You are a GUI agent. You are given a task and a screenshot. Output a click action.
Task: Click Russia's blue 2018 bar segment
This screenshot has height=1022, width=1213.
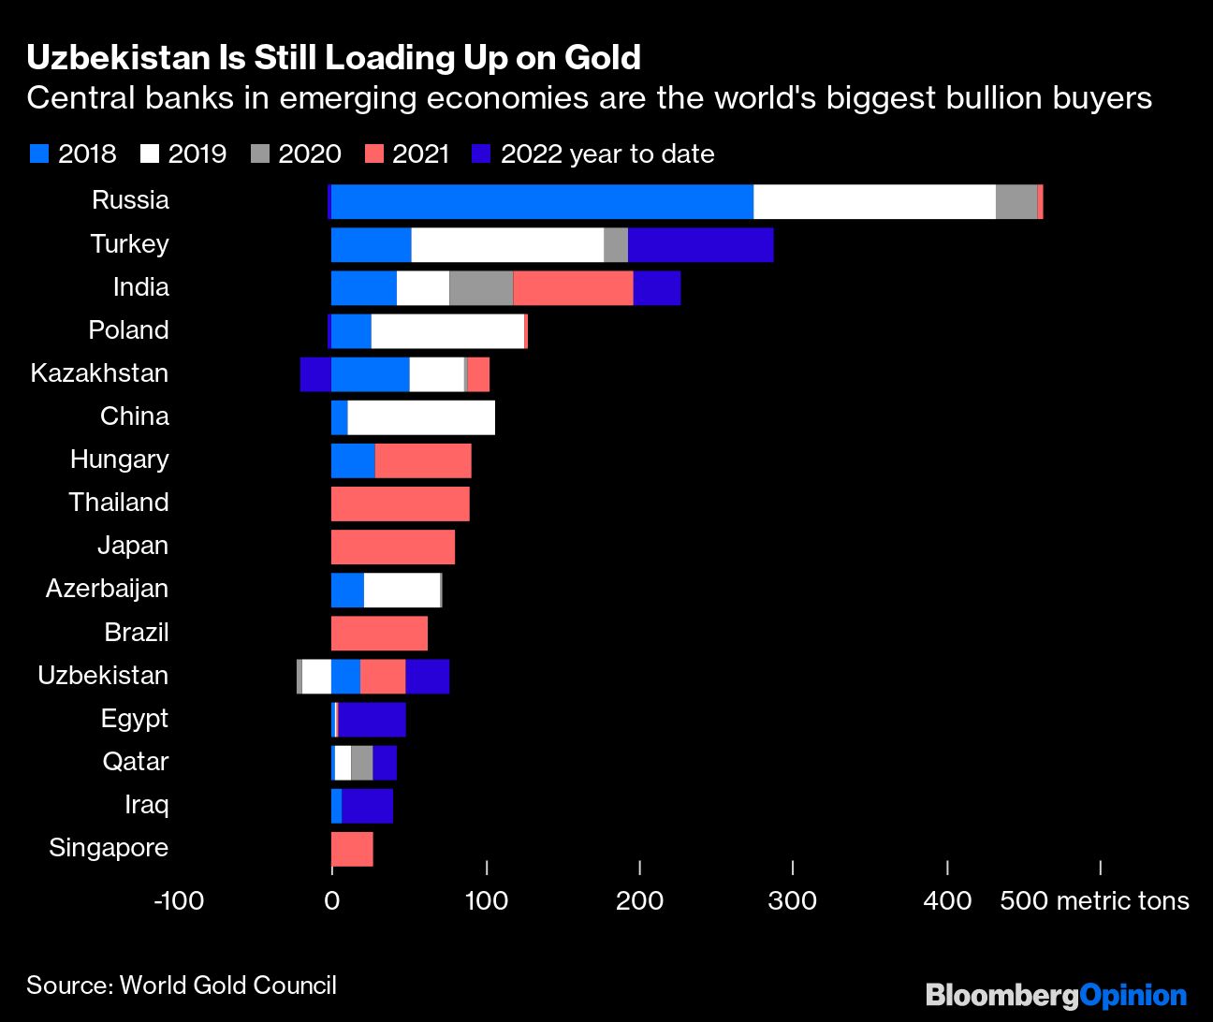click(x=542, y=201)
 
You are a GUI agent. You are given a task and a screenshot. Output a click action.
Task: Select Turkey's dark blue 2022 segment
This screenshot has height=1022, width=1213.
click(x=700, y=244)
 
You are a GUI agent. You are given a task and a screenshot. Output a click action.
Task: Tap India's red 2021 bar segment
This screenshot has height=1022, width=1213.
click(x=573, y=287)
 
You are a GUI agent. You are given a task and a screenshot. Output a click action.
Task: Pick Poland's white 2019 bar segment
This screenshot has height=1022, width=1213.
click(x=447, y=331)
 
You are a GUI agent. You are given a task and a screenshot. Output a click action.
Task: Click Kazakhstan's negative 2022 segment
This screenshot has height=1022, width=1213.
click(x=315, y=374)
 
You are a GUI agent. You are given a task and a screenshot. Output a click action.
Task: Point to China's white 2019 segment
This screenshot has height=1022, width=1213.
click(x=421, y=417)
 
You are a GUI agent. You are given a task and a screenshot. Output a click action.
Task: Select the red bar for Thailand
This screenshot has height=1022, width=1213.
click(x=400, y=504)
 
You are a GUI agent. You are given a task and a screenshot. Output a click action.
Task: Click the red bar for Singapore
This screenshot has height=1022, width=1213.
click(x=352, y=849)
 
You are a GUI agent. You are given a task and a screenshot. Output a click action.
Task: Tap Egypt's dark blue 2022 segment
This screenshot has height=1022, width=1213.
click(x=372, y=720)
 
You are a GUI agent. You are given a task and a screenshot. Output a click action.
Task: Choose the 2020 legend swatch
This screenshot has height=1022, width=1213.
click(x=260, y=154)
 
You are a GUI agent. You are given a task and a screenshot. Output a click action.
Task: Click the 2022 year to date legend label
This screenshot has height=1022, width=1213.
click(x=607, y=154)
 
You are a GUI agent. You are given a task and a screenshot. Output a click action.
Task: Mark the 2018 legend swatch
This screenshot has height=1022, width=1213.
click(x=39, y=154)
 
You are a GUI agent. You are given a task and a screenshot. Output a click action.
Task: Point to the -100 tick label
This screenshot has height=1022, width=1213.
click(x=178, y=900)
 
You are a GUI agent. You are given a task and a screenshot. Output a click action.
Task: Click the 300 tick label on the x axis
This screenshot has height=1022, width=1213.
click(x=793, y=900)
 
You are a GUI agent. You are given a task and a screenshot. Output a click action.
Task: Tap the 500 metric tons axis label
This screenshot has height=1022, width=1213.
click(x=1094, y=900)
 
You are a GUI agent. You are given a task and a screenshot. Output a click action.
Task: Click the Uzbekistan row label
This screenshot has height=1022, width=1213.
click(x=103, y=676)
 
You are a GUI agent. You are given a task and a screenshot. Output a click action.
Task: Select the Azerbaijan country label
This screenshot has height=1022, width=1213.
click(x=107, y=589)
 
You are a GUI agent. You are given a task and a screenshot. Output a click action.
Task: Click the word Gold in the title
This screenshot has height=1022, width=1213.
click(x=602, y=58)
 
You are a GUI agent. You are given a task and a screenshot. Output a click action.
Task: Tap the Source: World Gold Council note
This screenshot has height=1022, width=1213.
click(x=182, y=985)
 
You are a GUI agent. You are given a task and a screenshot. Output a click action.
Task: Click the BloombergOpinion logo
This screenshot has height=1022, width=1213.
click(x=1056, y=995)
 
